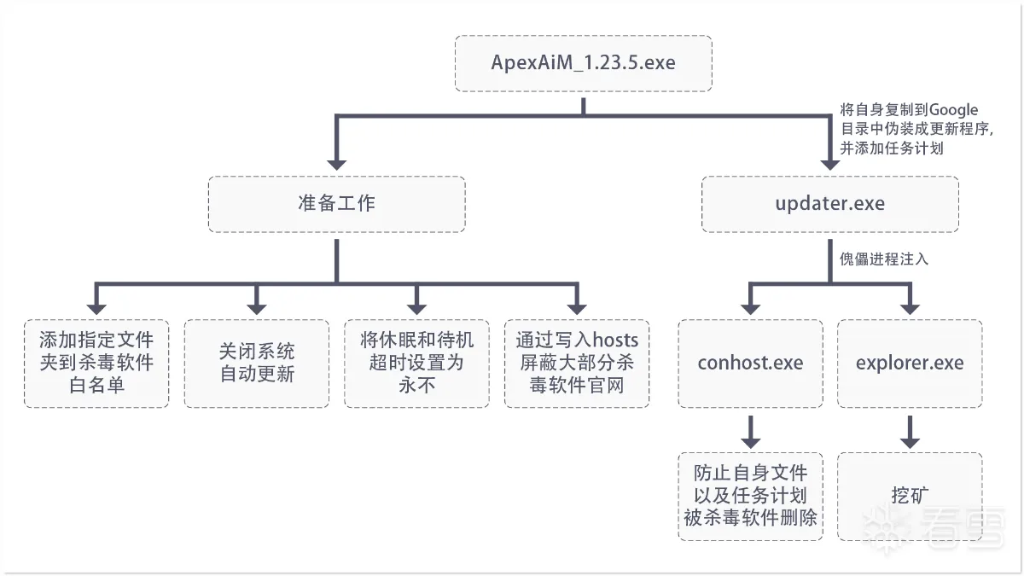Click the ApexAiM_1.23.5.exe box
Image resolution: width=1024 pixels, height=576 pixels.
click(x=584, y=63)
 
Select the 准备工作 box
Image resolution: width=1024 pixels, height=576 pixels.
click(x=337, y=204)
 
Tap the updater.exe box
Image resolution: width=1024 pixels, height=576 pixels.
click(x=830, y=204)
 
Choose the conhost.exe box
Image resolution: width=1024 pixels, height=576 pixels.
click(x=751, y=364)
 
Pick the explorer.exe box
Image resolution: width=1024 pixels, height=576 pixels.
click(x=910, y=364)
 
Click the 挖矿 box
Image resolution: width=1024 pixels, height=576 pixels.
click(x=910, y=497)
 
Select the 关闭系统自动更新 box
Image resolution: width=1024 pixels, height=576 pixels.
click(x=257, y=364)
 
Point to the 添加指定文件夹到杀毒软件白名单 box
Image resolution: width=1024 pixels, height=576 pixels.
click(x=96, y=364)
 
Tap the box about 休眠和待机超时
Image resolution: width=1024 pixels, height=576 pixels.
click(x=417, y=364)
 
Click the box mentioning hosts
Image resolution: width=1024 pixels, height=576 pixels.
click(x=577, y=364)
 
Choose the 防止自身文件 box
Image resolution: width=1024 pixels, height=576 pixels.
click(x=751, y=497)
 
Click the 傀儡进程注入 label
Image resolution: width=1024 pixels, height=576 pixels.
click(x=884, y=259)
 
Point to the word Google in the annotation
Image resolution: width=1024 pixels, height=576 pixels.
click(x=954, y=110)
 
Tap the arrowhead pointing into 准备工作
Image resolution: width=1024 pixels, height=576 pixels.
click(x=337, y=165)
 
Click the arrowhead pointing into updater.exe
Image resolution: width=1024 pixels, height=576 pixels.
click(x=830, y=165)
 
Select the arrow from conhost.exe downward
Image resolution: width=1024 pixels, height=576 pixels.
click(x=751, y=432)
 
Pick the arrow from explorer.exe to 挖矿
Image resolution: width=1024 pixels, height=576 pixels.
click(x=910, y=432)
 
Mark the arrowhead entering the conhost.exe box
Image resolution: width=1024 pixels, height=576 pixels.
click(x=751, y=310)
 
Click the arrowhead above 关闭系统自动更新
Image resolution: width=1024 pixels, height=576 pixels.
click(x=257, y=310)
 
